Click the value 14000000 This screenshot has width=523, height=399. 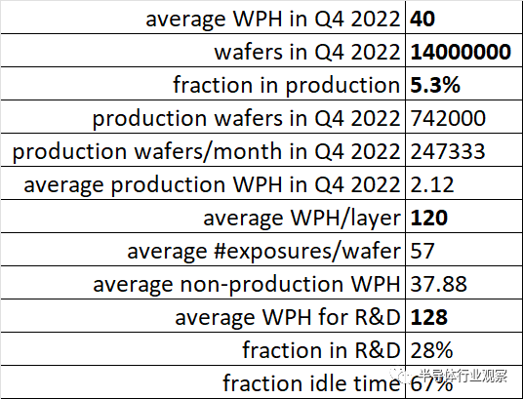tap(461, 52)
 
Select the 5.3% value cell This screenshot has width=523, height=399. tap(435, 85)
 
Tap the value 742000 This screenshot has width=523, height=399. tap(448, 118)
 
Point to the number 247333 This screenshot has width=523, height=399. tap(448, 151)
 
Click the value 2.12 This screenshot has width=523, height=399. tap(432, 184)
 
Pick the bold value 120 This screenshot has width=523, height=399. tap(429, 218)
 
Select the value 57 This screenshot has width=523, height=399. tap(422, 251)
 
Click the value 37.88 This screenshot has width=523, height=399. tap(438, 284)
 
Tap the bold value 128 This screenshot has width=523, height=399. tap(429, 317)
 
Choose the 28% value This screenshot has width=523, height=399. tap(431, 350)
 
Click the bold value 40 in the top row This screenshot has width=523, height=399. tap(422, 19)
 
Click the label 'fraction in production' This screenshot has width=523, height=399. tap(286, 86)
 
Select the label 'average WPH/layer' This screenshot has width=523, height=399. tap(302, 219)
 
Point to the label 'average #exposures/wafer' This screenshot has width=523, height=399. tap(263, 252)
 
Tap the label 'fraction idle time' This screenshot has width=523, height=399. tap(311, 383)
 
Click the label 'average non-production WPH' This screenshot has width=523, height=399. tap(247, 285)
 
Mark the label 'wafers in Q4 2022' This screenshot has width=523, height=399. tap(306, 52)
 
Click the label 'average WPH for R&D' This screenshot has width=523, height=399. tap(288, 317)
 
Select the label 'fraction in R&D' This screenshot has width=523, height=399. tap(321, 350)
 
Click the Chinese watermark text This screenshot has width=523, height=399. tap(463, 376)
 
